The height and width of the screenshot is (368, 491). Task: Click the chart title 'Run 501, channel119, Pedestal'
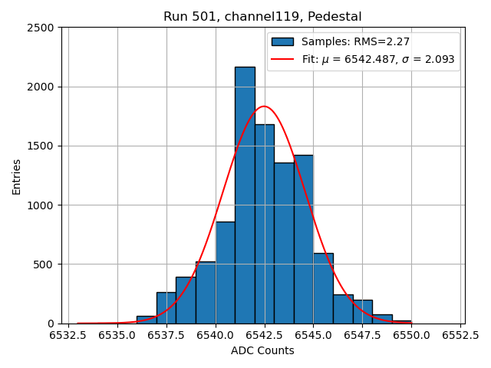point(262,17)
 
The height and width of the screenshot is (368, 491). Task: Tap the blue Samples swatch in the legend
point(282,41)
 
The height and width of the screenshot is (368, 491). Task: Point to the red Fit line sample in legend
point(282,59)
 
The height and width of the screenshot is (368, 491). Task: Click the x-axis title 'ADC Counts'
point(262,350)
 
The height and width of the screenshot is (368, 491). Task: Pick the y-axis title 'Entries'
point(17,176)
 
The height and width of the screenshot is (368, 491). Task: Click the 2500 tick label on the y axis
point(41,28)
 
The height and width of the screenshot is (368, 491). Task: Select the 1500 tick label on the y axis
point(41,146)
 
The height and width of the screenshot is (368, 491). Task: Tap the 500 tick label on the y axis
point(44,264)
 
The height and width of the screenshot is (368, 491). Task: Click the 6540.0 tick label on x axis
point(216,335)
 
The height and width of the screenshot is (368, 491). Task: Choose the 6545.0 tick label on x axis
point(314,335)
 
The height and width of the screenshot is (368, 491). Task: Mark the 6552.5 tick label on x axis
point(461,335)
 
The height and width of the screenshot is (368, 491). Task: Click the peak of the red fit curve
point(264,107)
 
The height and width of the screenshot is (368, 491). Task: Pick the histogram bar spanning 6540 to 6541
point(226,273)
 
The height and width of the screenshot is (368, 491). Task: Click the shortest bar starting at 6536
point(147,320)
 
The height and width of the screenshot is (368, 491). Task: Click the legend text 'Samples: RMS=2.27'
point(355,41)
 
